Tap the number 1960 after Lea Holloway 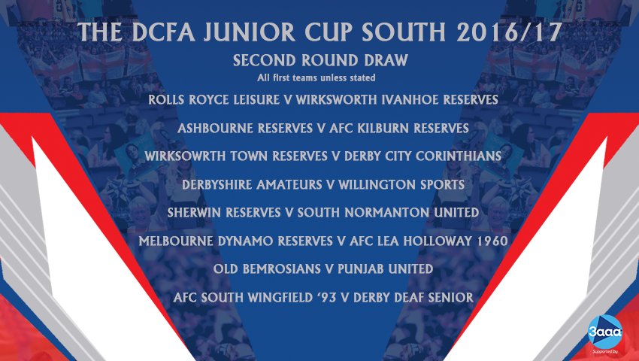[489, 241]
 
